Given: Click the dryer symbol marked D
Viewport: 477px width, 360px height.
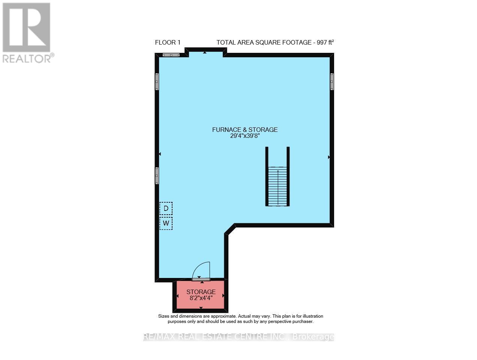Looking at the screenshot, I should [166, 208].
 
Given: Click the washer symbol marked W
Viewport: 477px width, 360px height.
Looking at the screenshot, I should [166, 224].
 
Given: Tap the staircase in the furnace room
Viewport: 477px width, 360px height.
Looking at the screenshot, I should [277, 186].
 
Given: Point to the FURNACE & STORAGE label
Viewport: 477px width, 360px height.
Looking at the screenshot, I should [245, 130].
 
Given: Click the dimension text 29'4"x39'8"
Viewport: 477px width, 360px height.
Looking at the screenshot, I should [245, 136].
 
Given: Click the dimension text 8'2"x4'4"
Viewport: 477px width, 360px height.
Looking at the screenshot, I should [201, 299].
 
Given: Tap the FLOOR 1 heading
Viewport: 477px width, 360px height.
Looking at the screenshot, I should [168, 43].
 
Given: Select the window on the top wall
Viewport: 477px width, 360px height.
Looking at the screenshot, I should [171, 55].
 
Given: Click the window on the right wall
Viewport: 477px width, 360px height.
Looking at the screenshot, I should [332, 81].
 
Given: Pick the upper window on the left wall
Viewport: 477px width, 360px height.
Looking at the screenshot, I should [157, 81].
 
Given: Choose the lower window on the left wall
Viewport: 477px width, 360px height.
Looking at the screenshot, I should [157, 175].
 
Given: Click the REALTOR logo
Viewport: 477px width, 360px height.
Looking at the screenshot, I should [26, 32].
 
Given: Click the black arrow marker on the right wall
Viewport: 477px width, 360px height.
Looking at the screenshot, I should [329, 157].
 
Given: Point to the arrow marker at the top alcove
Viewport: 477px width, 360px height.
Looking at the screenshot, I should [204, 53].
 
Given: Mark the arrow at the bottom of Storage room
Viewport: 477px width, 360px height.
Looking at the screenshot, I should [201, 308].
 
